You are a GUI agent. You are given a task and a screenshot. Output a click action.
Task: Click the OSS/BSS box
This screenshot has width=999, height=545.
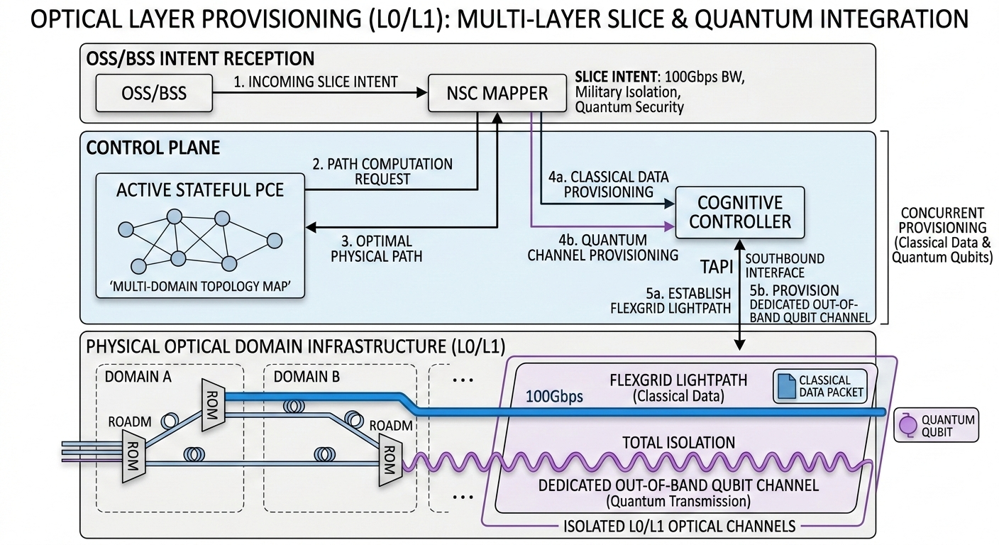point(153,93)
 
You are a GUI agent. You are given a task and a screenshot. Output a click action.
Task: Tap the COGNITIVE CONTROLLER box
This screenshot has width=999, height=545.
point(739,211)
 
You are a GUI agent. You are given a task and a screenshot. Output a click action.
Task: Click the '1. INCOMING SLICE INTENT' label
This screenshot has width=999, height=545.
point(316,82)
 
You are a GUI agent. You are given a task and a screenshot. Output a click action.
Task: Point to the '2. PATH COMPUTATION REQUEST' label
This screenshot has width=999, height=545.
point(382,171)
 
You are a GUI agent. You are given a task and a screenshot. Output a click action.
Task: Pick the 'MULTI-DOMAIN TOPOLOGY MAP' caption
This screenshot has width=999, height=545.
point(198,289)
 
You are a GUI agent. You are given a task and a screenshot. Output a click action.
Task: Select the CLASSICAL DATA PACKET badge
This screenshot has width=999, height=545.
point(822,386)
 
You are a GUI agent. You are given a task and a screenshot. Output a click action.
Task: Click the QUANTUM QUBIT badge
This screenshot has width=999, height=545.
point(935,425)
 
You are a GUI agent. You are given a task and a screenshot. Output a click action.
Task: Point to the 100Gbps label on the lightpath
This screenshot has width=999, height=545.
point(553,396)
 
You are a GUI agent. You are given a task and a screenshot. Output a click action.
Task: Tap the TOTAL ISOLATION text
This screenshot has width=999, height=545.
point(678,443)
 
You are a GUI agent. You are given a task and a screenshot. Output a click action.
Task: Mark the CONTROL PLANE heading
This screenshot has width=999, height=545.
point(153,148)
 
